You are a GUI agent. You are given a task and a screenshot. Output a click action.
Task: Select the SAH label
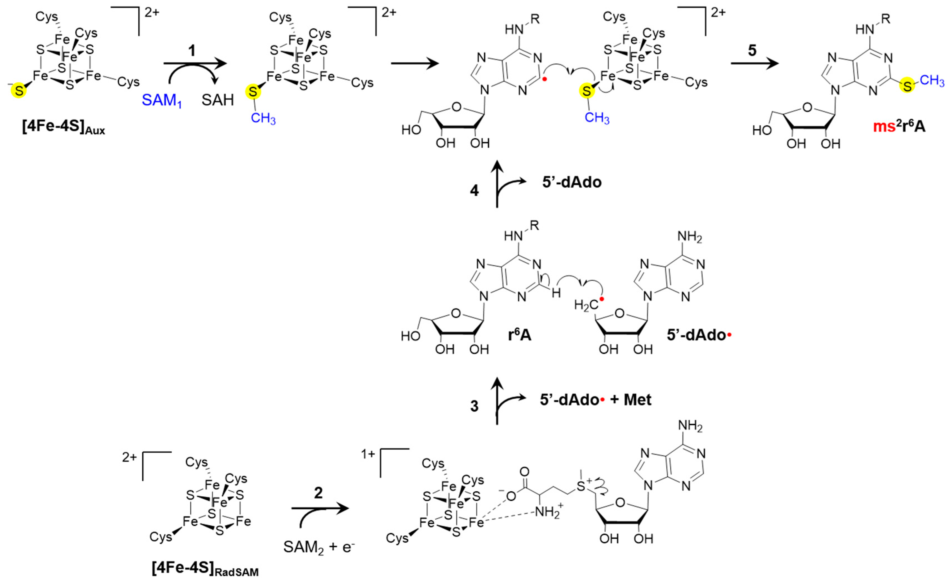[218, 100]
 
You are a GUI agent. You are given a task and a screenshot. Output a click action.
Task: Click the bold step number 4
[474, 191]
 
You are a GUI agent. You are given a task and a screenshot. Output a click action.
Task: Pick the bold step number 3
[474, 406]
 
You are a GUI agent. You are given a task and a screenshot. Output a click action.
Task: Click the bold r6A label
[519, 335]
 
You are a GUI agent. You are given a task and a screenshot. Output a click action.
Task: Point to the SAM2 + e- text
[319, 547]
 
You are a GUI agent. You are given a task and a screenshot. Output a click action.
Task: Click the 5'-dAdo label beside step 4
[572, 182]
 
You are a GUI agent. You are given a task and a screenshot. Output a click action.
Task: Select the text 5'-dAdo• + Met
[595, 400]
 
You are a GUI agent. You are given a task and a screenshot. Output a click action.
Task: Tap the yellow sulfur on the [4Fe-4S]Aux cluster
[18, 91]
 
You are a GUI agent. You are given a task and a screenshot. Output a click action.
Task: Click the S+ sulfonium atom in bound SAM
[581, 486]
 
